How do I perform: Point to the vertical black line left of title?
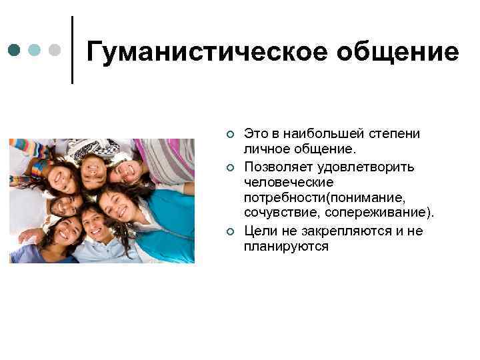pyautogui.click(x=71, y=50)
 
